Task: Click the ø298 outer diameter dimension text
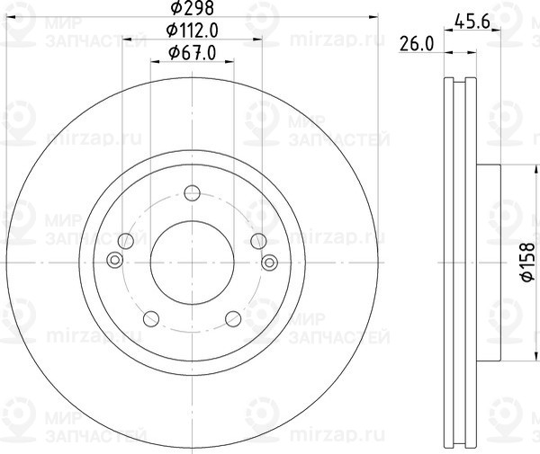pyautogui.click(x=192, y=9)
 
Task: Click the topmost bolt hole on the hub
pyautogui.click(x=192, y=192)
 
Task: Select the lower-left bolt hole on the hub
pyautogui.click(x=151, y=318)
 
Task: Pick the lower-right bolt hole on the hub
pyautogui.click(x=233, y=318)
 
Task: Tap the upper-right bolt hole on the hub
pyautogui.click(x=258, y=241)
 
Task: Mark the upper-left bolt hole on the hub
pyautogui.click(x=126, y=241)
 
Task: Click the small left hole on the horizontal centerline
pyautogui.click(x=113, y=261)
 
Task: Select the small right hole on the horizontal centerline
pyautogui.click(x=270, y=261)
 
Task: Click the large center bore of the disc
pyautogui.click(x=192, y=262)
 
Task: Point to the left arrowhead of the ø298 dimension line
pyautogui.click(x=11, y=20)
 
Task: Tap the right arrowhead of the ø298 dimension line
pyautogui.click(x=373, y=20)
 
